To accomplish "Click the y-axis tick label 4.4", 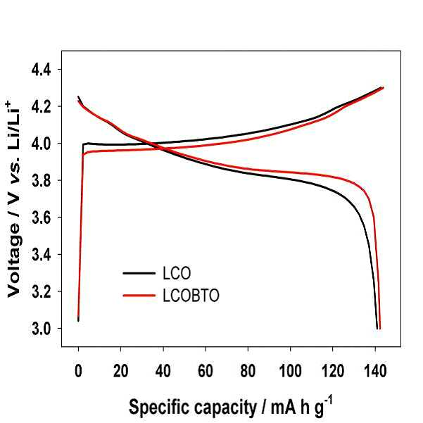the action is (x=42, y=70).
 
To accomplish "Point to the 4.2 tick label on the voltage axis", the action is (x=42, y=107).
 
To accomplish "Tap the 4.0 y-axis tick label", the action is (x=42, y=144).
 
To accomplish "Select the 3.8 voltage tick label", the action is (x=42, y=181).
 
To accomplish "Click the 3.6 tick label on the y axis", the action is (x=42, y=217).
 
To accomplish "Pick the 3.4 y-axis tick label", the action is (x=42, y=255).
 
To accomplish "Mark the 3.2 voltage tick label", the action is (x=42, y=291).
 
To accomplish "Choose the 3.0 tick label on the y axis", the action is (x=42, y=329).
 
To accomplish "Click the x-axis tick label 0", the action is (x=78, y=371).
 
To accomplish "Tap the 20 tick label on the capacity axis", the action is (x=120, y=371).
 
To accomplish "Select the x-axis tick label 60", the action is (x=206, y=371).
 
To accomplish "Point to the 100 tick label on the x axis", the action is (x=290, y=371).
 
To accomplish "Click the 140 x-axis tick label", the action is (x=375, y=371).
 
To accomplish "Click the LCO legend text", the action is (x=177, y=273).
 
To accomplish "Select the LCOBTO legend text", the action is (x=191, y=296).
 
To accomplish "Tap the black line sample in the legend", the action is (x=139, y=273).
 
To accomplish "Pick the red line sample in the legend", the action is (x=139, y=296).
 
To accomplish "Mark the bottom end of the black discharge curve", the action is (x=377, y=329).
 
